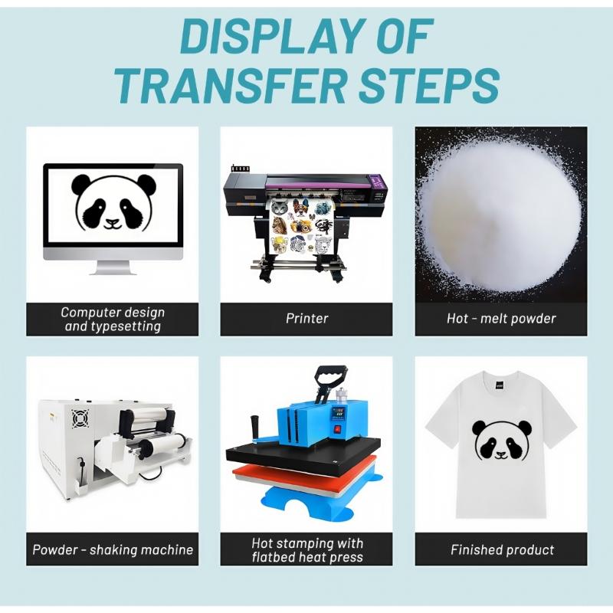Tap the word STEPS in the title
click(429, 86)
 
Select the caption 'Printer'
click(307, 319)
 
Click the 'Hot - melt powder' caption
click(501, 319)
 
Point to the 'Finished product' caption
click(503, 550)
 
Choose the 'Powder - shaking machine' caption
click(113, 550)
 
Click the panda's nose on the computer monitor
click(113, 222)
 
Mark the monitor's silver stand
click(113, 267)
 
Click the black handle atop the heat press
click(331, 375)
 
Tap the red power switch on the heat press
click(337, 429)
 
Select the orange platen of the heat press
click(305, 477)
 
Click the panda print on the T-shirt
click(502, 440)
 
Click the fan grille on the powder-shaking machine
click(80, 418)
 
